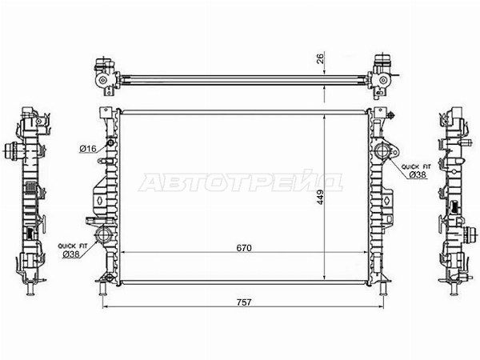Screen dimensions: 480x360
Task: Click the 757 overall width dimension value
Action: (x=244, y=302)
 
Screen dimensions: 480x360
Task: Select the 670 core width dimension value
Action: (x=244, y=247)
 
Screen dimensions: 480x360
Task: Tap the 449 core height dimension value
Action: (x=319, y=198)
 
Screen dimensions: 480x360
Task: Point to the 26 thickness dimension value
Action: (x=320, y=58)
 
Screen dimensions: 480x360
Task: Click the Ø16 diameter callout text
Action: (x=88, y=149)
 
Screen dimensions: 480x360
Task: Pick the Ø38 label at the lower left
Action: (x=71, y=254)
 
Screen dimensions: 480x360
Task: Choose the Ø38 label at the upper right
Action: (x=418, y=174)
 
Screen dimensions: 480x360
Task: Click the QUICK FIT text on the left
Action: (x=73, y=246)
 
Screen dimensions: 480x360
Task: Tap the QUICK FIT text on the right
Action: (x=416, y=167)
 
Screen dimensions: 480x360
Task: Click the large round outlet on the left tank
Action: (x=102, y=235)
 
